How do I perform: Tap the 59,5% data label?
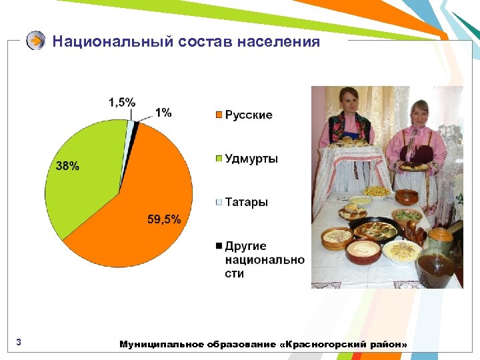(x=164, y=220)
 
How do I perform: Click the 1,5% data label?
(x=122, y=102)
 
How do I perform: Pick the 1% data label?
(x=163, y=113)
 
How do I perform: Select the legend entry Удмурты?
(x=251, y=159)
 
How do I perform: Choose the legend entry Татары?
(x=246, y=202)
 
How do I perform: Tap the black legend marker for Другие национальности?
(x=219, y=246)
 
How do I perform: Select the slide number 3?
(x=19, y=343)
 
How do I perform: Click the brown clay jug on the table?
(x=437, y=260)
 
